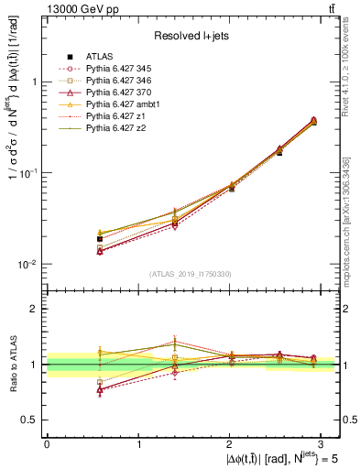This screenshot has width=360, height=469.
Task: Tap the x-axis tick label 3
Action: pyautogui.click(x=322, y=443)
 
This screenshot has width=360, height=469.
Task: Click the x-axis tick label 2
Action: pyautogui.click(x=230, y=443)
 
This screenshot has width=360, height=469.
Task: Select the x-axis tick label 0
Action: pyautogui.click(x=47, y=443)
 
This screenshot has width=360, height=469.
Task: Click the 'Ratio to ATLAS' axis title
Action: pyautogui.click(x=12, y=365)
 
